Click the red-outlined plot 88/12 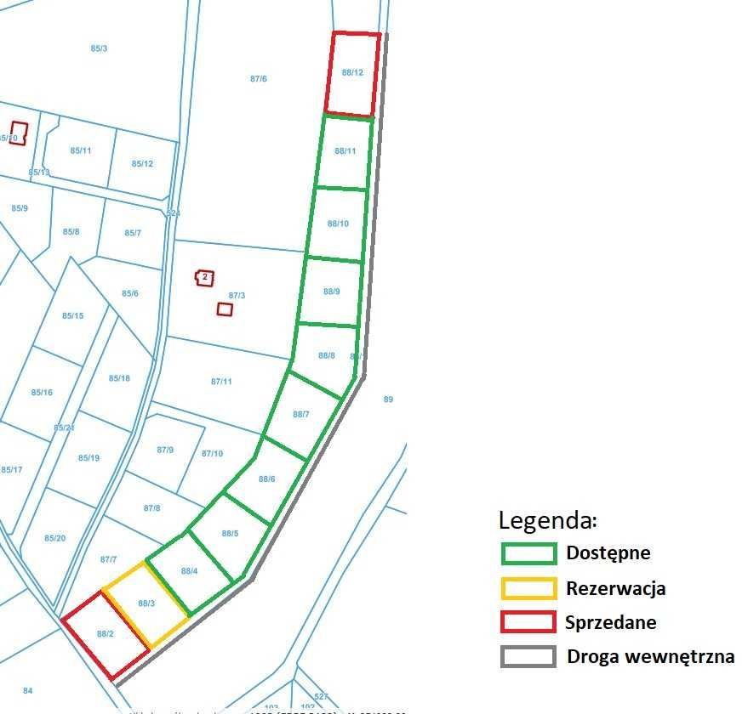[x=352, y=74]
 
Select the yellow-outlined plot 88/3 [x=146, y=604]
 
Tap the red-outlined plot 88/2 [x=106, y=635]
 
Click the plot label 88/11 [x=345, y=151]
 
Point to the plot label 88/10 [x=338, y=224]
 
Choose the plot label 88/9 [x=332, y=292]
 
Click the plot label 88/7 [x=301, y=414]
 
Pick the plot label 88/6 [x=267, y=479]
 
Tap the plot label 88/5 [x=230, y=534]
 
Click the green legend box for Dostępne [x=528, y=553]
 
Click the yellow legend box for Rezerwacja [x=528, y=588]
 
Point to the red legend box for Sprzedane [x=528, y=622]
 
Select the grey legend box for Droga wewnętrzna [x=528, y=656]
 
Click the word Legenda [x=548, y=520]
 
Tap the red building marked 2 [x=204, y=278]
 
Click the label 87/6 [x=259, y=79]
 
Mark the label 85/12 [x=143, y=164]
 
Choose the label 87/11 [x=221, y=382]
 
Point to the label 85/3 [x=99, y=48]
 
